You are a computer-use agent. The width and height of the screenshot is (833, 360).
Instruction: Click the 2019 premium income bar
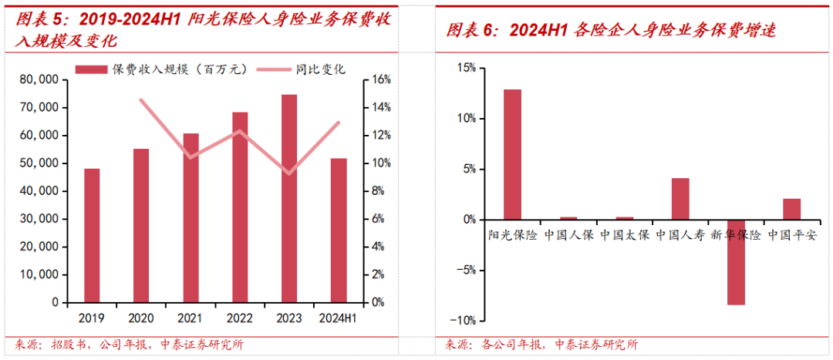point(92,235)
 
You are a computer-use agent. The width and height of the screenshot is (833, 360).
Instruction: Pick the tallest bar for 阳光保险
point(513,154)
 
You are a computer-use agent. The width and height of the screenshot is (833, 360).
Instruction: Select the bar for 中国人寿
point(680,199)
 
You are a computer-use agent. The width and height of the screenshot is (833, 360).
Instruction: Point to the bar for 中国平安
point(791,209)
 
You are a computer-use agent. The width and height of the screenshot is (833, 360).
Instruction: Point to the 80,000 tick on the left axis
point(37,79)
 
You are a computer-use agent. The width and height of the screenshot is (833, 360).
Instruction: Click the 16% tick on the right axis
point(383,79)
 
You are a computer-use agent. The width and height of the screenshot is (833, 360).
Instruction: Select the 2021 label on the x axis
point(191,317)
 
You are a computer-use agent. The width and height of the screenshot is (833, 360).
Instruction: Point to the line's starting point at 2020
point(141,99)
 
